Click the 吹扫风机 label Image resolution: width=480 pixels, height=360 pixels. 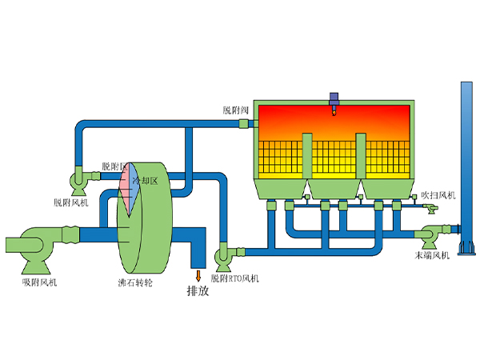click(438, 194)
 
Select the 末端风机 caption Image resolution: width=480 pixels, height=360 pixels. click(432, 255)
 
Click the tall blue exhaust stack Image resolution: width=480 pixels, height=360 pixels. click(466, 160)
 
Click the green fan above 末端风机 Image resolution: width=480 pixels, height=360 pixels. click(429, 235)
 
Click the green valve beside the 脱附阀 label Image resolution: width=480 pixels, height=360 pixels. click(250, 124)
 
